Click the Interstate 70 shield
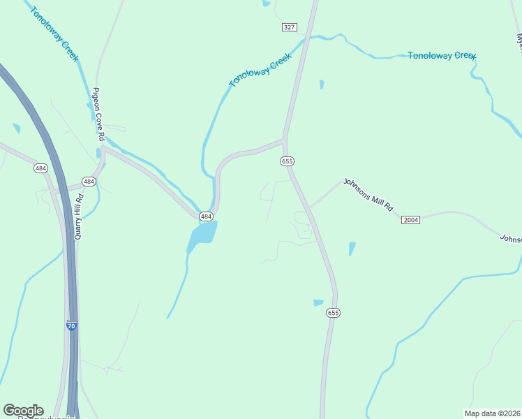(71, 325)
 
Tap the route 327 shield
(290, 27)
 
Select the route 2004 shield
(411, 220)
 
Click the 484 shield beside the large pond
(206, 217)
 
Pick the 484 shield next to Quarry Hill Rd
(89, 182)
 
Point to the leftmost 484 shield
(40, 168)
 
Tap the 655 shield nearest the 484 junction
(287, 161)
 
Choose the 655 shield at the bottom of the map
(333, 314)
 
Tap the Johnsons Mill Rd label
(368, 195)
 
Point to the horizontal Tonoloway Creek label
(441, 55)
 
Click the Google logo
(23, 411)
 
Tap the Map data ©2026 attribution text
(492, 413)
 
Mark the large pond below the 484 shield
(202, 236)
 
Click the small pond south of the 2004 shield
(352, 249)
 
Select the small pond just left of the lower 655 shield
(318, 302)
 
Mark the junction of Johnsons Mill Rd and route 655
(309, 207)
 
